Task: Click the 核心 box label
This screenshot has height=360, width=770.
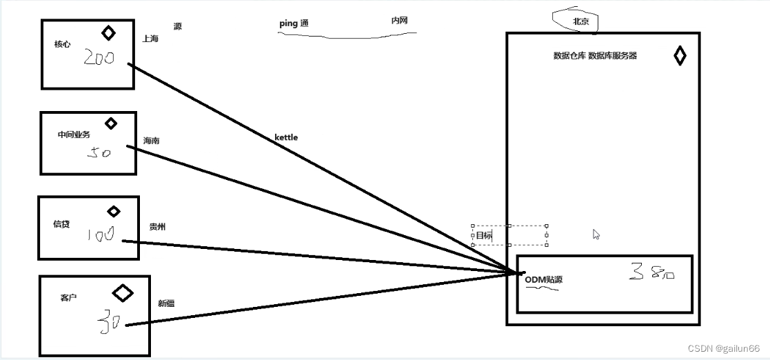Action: click(x=62, y=44)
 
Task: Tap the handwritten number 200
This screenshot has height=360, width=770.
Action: click(x=99, y=57)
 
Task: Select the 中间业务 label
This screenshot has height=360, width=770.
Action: click(x=74, y=134)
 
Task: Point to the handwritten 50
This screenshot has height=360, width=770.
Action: click(x=99, y=152)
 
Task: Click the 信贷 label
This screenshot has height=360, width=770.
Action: click(x=61, y=223)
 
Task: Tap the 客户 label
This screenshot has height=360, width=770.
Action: click(x=68, y=297)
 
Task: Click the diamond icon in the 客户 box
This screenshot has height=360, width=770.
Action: click(x=123, y=293)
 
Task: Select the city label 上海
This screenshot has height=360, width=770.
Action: click(x=150, y=39)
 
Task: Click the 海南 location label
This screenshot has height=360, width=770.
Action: click(x=152, y=141)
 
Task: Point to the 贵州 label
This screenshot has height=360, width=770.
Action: click(x=157, y=226)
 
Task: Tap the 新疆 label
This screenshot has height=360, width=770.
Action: click(x=166, y=303)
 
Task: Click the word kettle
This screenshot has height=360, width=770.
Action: click(x=286, y=137)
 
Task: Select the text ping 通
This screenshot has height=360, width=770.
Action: click(x=293, y=23)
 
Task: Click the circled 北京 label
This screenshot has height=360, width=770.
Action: click(x=580, y=21)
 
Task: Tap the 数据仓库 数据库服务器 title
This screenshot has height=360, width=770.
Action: click(x=595, y=56)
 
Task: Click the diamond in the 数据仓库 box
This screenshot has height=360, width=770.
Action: click(x=680, y=56)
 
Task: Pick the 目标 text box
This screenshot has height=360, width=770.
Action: click(x=509, y=235)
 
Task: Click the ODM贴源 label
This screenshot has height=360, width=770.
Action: click(x=543, y=279)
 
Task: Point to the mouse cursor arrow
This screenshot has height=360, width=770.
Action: click(x=596, y=234)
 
